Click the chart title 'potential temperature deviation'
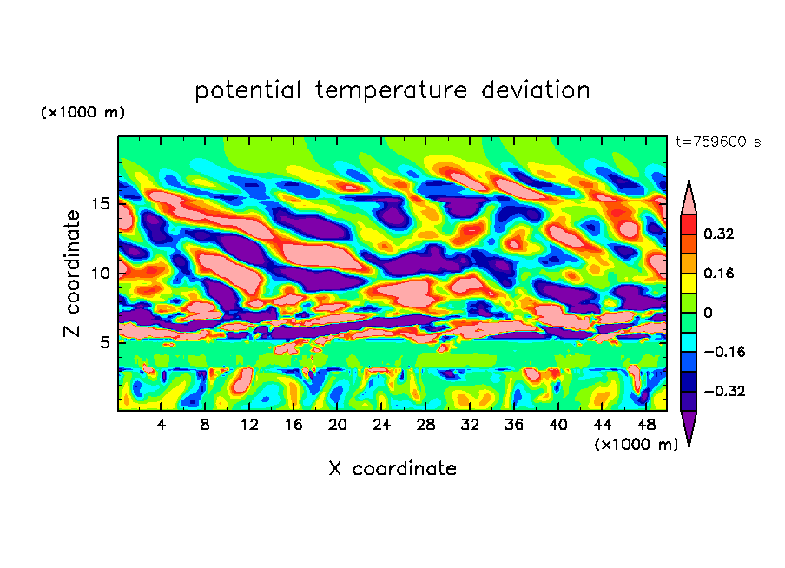[x=392, y=90]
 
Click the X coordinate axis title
[x=392, y=469]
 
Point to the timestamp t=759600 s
[x=718, y=142]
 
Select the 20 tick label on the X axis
[x=338, y=426]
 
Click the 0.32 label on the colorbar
[x=720, y=234]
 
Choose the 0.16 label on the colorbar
[x=720, y=273]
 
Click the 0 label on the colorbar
[x=708, y=313]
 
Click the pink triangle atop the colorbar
[x=689, y=198]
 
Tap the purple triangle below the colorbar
[x=689, y=427]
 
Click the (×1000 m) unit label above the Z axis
[x=82, y=113]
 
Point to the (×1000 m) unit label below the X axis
[x=637, y=445]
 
